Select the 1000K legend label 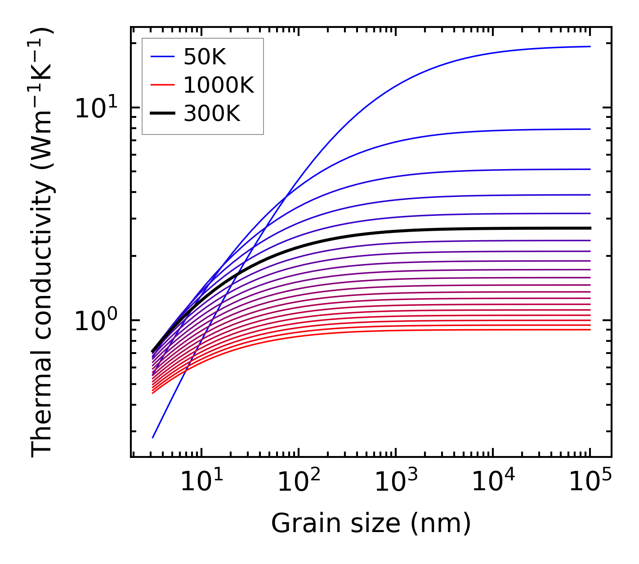[x=219, y=85]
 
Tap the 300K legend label [x=212, y=114]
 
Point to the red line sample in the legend [x=162, y=85]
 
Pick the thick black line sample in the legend [x=162, y=113]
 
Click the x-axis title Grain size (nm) [x=371, y=523]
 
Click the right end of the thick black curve [x=590, y=228]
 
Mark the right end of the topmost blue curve [x=590, y=46]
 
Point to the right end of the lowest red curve [x=590, y=330]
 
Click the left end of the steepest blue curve [x=153, y=437]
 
